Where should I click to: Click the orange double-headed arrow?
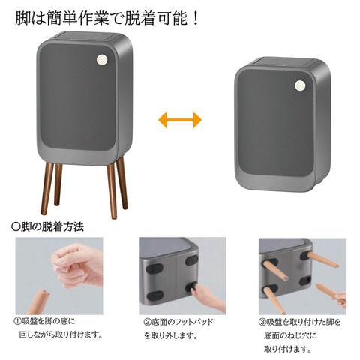coord(180,120)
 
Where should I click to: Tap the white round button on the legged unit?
coord(102,60)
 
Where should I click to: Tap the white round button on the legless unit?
coord(300,85)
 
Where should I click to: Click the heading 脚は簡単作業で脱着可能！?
coord(106,18)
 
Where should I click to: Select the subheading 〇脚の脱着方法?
coord(47,227)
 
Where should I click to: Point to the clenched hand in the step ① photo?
coord(77,266)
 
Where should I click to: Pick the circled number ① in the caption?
coord(17,321)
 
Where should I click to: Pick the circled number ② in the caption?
coord(148,322)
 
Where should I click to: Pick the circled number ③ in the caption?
coord(262,322)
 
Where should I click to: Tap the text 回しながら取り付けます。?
coord(61,334)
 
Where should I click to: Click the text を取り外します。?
coord(171,335)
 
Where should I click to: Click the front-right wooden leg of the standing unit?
coord(112,191)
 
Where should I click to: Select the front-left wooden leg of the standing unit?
coord(47,189)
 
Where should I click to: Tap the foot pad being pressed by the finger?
coord(192,287)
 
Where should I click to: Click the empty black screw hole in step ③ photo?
coord(305,280)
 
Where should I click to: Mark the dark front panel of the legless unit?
coord(276,122)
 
